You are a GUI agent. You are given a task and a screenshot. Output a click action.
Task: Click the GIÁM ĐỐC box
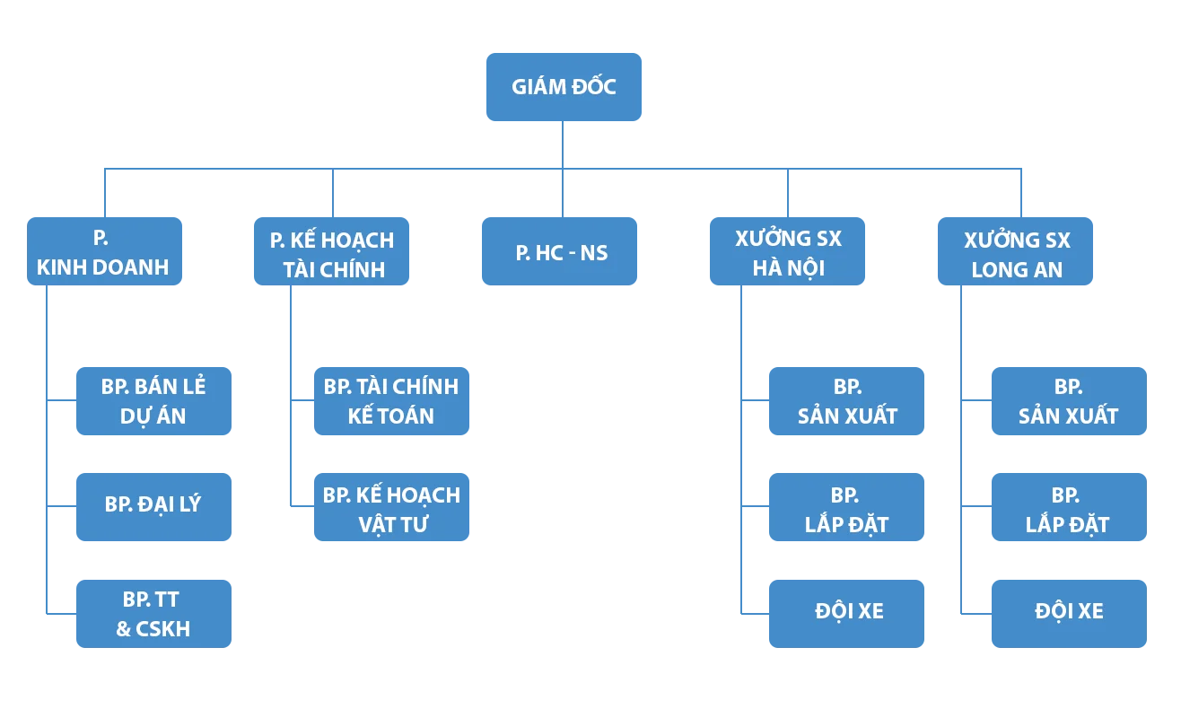click(563, 86)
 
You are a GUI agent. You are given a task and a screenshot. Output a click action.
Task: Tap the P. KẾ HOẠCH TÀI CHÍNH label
click(332, 254)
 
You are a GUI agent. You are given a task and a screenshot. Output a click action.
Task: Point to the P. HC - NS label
click(562, 253)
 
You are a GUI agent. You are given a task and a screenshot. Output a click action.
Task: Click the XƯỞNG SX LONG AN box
click(1016, 253)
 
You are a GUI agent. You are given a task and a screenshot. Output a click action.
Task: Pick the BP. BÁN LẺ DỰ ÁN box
click(153, 401)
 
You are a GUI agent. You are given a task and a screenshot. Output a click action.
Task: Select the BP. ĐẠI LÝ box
click(153, 504)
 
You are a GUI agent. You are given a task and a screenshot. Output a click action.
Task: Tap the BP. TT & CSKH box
click(153, 614)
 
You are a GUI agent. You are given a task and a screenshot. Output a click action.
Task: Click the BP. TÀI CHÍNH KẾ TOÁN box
click(390, 401)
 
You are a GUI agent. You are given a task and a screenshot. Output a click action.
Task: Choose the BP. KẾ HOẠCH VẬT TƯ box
click(390, 509)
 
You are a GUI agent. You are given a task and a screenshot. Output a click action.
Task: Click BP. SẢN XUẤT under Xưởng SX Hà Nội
click(846, 401)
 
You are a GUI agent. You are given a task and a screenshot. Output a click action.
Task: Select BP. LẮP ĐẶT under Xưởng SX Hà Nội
click(846, 508)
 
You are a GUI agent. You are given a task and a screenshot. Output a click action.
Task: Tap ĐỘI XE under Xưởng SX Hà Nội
click(846, 612)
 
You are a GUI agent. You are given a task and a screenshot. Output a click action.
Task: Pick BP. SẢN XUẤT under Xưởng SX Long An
click(1068, 401)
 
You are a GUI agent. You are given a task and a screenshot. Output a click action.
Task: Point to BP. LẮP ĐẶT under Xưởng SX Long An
click(1068, 508)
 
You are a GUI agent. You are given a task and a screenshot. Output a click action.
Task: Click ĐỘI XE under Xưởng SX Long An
click(1068, 612)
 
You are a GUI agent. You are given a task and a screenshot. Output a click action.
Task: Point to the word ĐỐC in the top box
click(592, 87)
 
